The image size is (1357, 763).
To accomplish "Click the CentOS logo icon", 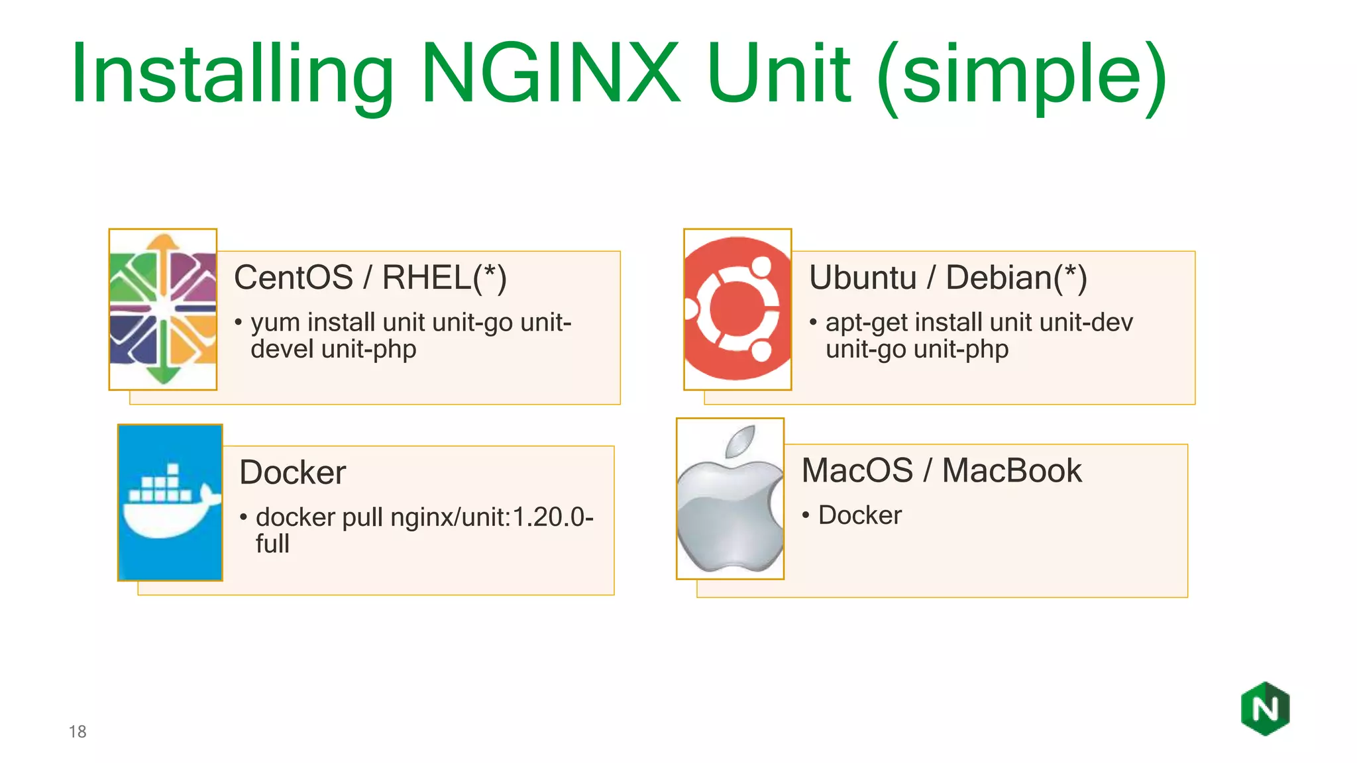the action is pyautogui.click(x=163, y=309).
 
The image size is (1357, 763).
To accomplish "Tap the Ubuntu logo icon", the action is pyautogui.click(x=737, y=309).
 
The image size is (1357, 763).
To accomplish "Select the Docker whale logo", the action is pyautogui.click(x=170, y=503).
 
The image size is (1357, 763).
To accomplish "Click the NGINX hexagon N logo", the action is pyautogui.click(x=1265, y=709).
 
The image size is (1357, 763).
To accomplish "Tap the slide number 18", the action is pyautogui.click(x=78, y=732).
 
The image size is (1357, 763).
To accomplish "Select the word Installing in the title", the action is pyautogui.click(x=232, y=74).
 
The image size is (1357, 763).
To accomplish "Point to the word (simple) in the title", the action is pyautogui.click(x=1021, y=74).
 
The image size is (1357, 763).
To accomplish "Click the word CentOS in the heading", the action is pyautogui.click(x=294, y=278).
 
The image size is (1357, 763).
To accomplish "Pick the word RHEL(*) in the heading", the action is pyautogui.click(x=445, y=278).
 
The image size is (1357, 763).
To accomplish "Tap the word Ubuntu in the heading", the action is pyautogui.click(x=863, y=278).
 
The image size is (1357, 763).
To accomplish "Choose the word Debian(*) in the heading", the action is pyautogui.click(x=1016, y=278).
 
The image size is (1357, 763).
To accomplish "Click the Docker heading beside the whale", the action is pyautogui.click(x=292, y=472).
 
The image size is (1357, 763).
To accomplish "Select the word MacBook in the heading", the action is pyautogui.click(x=1012, y=471).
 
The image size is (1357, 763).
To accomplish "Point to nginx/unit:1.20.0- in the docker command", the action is pyautogui.click(x=492, y=517).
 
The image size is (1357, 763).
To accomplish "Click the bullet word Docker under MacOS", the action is pyautogui.click(x=860, y=515).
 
